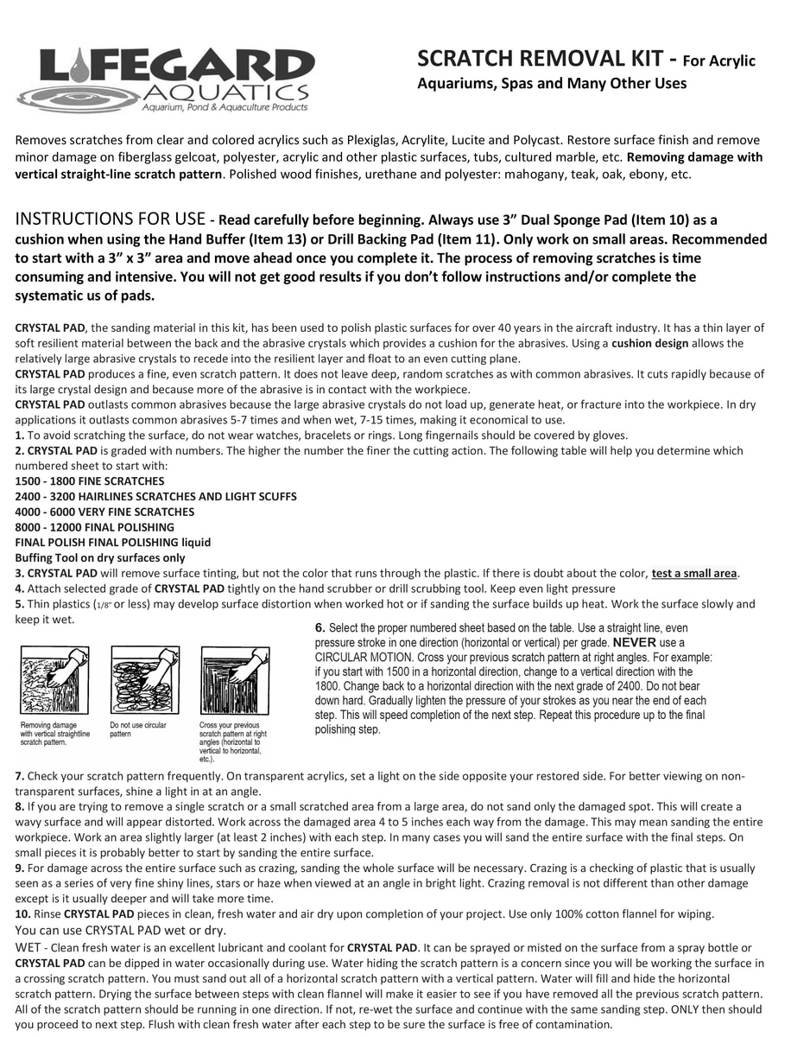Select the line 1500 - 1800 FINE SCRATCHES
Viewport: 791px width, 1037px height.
click(90, 481)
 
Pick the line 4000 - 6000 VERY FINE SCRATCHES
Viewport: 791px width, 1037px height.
click(104, 512)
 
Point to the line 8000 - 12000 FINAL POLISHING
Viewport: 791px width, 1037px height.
click(95, 527)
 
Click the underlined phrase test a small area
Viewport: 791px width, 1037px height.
click(694, 574)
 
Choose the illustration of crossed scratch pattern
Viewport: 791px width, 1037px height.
click(234, 680)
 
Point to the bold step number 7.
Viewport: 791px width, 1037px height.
click(19, 776)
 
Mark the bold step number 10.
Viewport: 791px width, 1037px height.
click(22, 914)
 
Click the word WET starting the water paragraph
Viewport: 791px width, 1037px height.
click(28, 948)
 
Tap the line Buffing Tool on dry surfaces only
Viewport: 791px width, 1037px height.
click(100, 558)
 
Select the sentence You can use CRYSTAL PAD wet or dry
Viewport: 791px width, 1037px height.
click(121, 931)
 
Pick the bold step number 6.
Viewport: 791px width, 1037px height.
click(320, 628)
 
